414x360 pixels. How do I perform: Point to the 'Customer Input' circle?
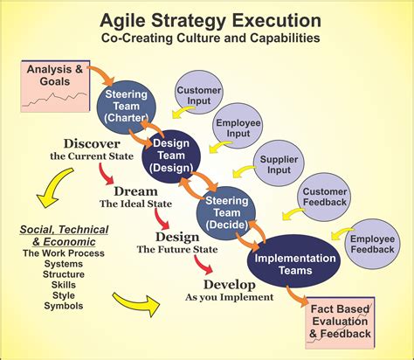199,97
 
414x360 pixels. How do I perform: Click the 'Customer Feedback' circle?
325,197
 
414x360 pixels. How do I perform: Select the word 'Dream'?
135,190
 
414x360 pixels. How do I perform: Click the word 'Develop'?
229,284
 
